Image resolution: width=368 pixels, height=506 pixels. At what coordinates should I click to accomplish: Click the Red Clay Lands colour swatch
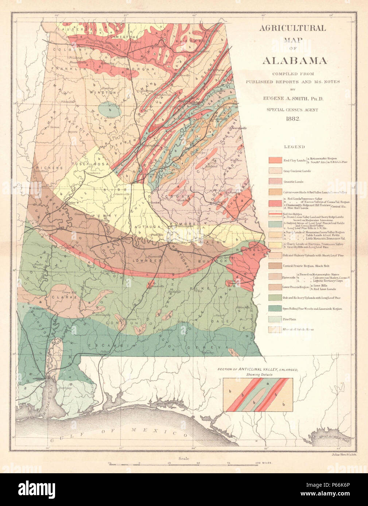coord(276,160)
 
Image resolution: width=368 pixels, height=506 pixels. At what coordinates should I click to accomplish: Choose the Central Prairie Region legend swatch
coord(276,266)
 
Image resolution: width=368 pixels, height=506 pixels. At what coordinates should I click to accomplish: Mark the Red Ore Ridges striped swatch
coord(276,214)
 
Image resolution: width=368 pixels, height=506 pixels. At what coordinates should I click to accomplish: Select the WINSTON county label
coord(104,93)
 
